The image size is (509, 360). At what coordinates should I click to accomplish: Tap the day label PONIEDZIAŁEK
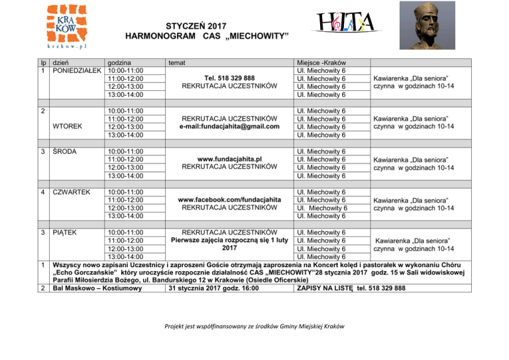pos(76,70)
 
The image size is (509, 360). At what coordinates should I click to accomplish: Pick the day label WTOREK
pos(68,127)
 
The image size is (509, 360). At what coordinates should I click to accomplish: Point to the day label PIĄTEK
pos(66,232)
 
